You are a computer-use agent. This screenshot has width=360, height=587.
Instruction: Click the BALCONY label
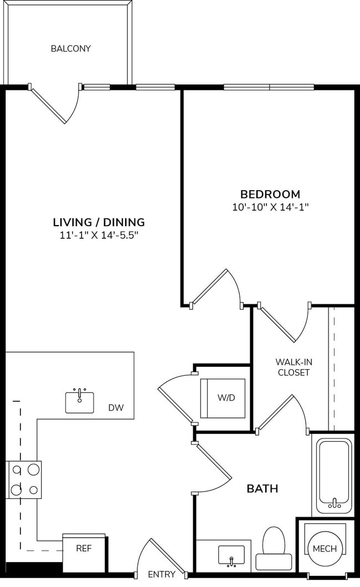[x=70, y=49]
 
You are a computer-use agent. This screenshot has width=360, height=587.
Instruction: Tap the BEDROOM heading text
[x=270, y=195]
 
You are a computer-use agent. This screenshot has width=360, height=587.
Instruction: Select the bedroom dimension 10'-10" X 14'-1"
[x=270, y=207]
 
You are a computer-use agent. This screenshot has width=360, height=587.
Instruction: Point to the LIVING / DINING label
[x=99, y=222]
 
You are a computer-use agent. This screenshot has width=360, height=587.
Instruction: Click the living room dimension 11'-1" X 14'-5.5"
[x=99, y=235]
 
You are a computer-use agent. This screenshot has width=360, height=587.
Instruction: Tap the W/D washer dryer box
[x=222, y=398]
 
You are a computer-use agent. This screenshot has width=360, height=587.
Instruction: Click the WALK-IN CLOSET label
[x=294, y=367]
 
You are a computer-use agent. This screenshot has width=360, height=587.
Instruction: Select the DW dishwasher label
[x=116, y=408]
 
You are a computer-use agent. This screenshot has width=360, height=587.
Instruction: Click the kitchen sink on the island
[x=80, y=402]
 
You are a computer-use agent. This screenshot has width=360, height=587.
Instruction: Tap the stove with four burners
[x=24, y=479]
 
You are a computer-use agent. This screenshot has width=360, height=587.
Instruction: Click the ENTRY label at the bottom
[x=161, y=574]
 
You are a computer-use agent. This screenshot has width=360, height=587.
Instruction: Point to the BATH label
[x=262, y=489]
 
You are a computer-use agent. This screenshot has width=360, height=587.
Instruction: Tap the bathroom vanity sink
[x=231, y=554]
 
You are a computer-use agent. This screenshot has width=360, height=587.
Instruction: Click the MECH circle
[x=325, y=548]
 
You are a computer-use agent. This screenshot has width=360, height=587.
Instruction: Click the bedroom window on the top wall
[x=269, y=87]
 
